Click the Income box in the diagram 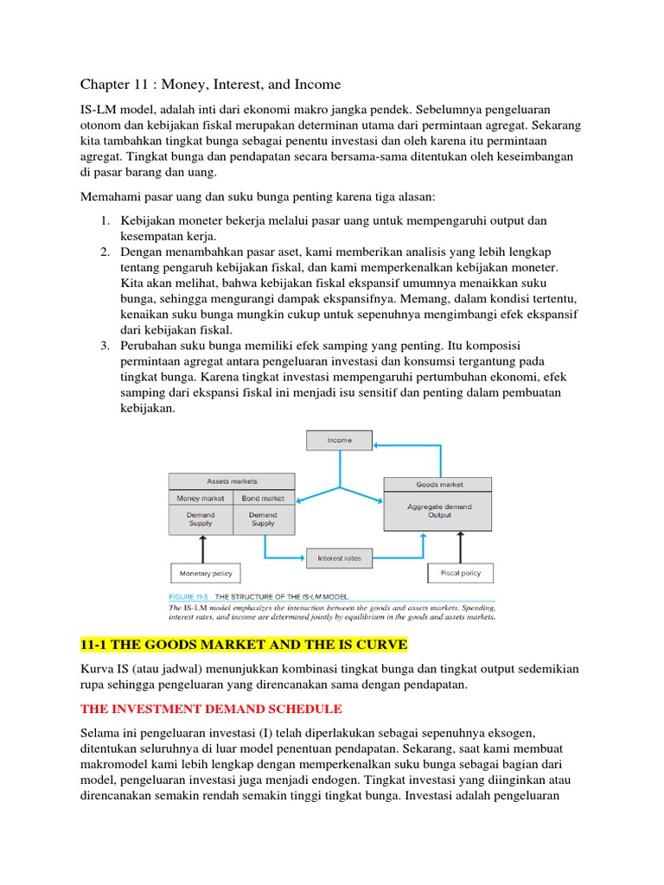339,440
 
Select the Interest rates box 340,558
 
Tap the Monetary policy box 205,573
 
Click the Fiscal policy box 460,572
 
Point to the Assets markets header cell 232,481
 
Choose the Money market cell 200,498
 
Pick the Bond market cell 263,498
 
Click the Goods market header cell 439,485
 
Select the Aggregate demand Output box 439,512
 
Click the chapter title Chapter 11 210,84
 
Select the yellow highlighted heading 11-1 243,646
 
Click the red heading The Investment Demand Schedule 211,709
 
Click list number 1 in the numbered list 104,221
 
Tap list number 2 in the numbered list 104,252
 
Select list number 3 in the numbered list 104,346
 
